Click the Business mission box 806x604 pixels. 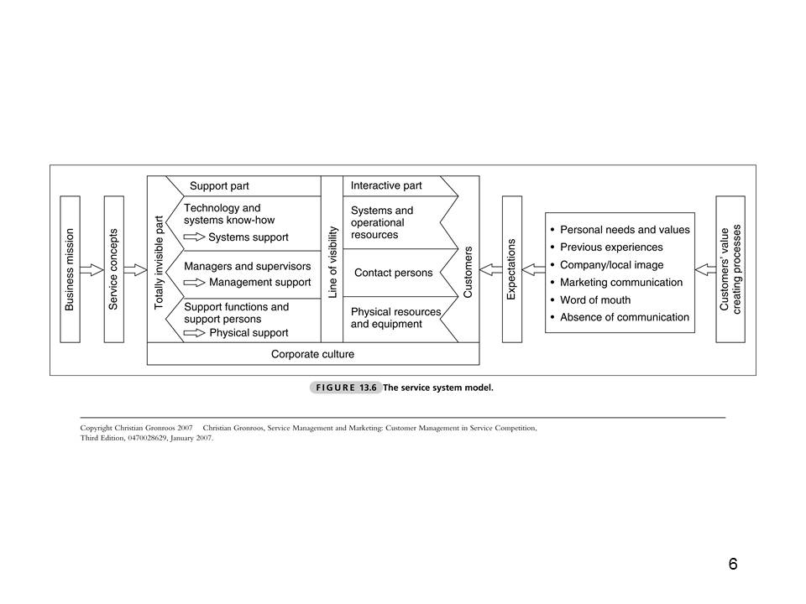pyautogui.click(x=71, y=269)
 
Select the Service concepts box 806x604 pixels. pyautogui.click(x=114, y=269)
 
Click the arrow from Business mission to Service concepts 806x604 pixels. pyautogui.click(x=92, y=270)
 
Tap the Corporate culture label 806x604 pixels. pyautogui.click(x=312, y=354)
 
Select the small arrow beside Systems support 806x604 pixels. pyautogui.click(x=194, y=237)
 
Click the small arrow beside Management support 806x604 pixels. pyautogui.click(x=194, y=283)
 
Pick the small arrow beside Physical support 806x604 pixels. pyautogui.click(x=194, y=333)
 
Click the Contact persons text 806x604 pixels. pyautogui.click(x=394, y=273)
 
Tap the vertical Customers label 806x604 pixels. pyautogui.click(x=468, y=272)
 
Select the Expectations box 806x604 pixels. pyautogui.click(x=511, y=269)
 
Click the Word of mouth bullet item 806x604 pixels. pyautogui.click(x=594, y=299)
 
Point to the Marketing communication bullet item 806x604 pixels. pyautogui.click(x=620, y=282)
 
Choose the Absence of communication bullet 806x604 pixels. pyautogui.click(x=624, y=317)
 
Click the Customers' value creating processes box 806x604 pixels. pyautogui.click(x=730, y=269)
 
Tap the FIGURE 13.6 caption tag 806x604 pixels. pyautogui.click(x=346, y=388)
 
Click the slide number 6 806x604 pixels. pyautogui.click(x=733, y=564)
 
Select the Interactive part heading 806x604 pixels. pyautogui.click(x=386, y=185)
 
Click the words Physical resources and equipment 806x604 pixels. pyautogui.click(x=395, y=318)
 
